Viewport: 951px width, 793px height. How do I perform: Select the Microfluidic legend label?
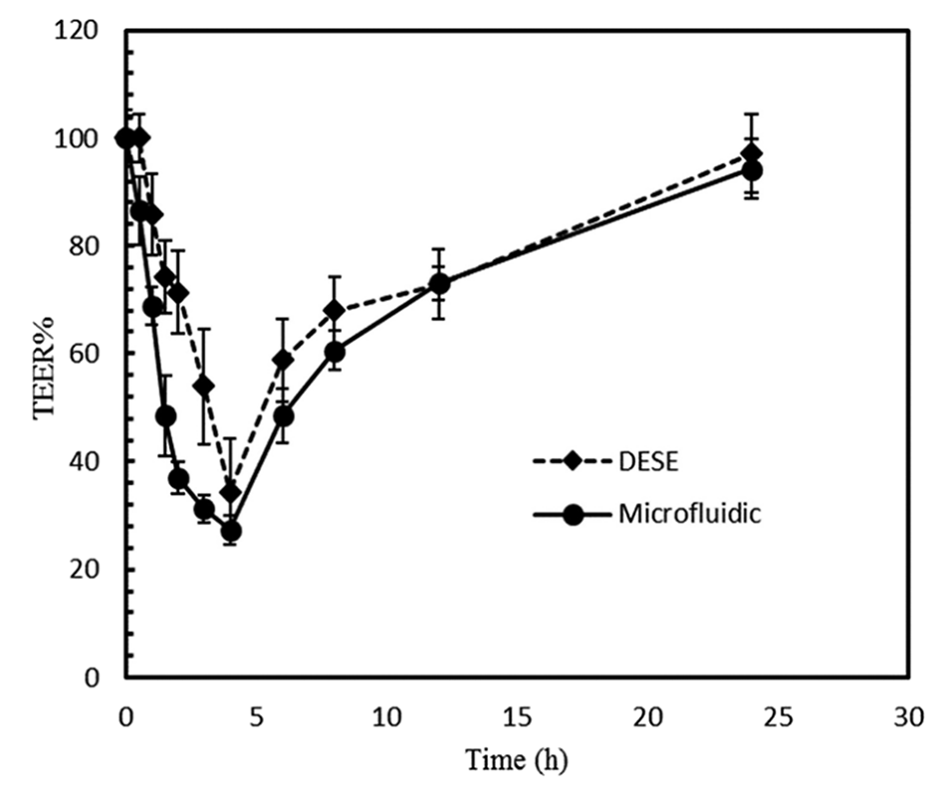coord(690,514)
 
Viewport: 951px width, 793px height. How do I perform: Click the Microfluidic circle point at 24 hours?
coord(753,170)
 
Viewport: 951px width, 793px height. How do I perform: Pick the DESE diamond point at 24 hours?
coord(753,153)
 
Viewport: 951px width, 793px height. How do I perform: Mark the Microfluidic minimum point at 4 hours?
coord(230,532)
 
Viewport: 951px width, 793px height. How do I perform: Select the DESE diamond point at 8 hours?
coord(335,310)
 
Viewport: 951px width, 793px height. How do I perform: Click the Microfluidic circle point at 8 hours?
coord(335,352)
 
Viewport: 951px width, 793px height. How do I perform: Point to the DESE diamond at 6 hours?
coord(283,360)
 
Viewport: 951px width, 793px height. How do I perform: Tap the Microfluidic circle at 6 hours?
coord(283,415)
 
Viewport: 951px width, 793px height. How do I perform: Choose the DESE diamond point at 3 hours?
coord(204,386)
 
